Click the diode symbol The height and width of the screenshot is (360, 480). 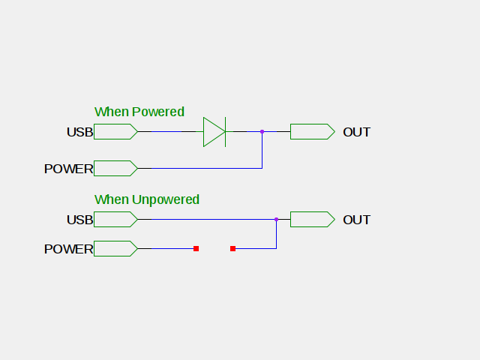[214, 132]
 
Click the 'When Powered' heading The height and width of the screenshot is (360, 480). [139, 112]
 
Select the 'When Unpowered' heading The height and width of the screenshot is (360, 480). [146, 199]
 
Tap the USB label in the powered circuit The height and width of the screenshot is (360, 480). [79, 132]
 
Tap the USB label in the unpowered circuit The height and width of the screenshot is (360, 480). [79, 220]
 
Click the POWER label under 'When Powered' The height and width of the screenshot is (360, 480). [68, 169]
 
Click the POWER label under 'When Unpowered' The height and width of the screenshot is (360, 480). [68, 249]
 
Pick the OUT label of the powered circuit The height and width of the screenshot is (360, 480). [356, 132]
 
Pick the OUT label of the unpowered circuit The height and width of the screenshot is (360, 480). [356, 220]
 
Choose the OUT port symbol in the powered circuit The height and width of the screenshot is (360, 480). [312, 132]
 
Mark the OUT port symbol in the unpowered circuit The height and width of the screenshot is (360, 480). [312, 219]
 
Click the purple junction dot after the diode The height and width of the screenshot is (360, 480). [262, 132]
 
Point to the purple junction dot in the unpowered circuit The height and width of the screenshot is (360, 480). [276, 219]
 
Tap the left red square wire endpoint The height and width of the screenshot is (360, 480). [196, 248]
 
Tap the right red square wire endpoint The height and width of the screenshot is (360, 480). [232, 248]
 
